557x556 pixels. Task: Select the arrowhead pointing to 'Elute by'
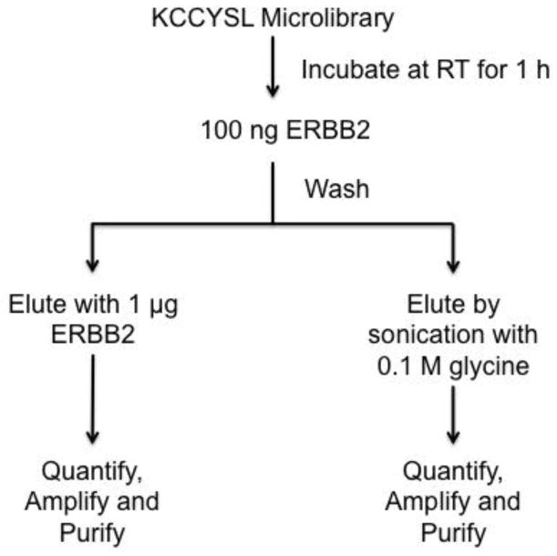(452, 263)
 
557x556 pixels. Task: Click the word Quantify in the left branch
(93, 473)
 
